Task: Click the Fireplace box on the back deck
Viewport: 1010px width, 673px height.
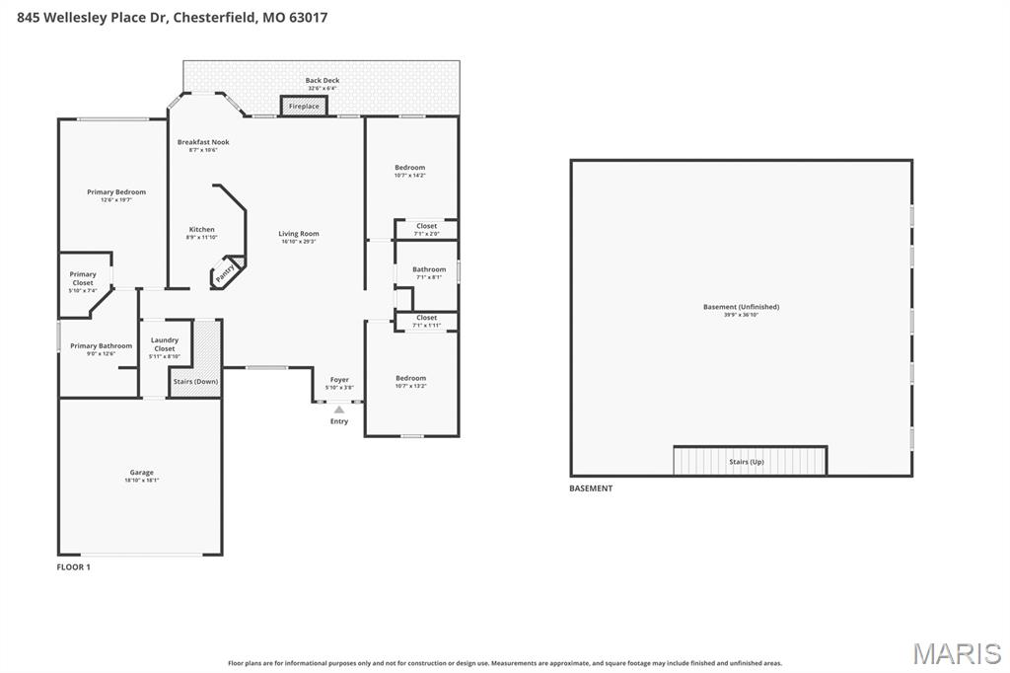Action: coord(304,106)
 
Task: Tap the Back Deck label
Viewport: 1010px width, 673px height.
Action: coord(322,81)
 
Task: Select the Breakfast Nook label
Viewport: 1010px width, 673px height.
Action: coord(203,142)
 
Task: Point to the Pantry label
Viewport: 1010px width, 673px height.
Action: coord(226,271)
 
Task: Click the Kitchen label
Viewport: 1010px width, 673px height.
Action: coord(201,230)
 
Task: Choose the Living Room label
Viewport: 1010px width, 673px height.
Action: coord(299,234)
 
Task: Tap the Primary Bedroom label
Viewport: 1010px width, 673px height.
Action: coord(116,192)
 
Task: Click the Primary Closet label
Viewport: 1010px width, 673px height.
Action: coord(83,278)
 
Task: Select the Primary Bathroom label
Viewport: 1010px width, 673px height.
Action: coord(101,346)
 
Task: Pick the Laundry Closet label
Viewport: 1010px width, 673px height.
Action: coord(165,344)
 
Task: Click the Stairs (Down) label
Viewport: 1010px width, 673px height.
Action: coord(195,381)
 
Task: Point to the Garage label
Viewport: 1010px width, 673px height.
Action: coord(141,473)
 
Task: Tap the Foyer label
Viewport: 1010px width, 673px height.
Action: coord(339,380)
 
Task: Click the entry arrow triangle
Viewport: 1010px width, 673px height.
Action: coord(339,409)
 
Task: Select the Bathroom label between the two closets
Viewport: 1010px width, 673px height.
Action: coord(429,269)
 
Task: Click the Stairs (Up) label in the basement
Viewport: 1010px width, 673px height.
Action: coord(747,462)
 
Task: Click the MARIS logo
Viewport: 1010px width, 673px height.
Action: coord(957,653)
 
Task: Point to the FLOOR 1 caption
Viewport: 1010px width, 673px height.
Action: coord(73,567)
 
